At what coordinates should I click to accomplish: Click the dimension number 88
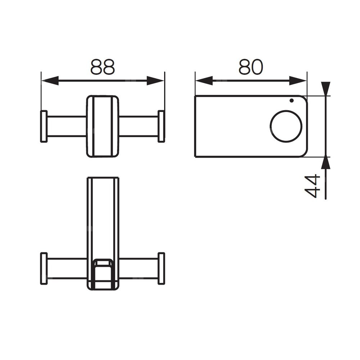(x=103, y=67)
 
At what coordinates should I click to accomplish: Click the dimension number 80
(x=251, y=67)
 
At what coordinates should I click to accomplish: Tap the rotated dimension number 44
(x=312, y=186)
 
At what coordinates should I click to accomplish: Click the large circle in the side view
(x=286, y=111)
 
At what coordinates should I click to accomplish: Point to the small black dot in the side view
(x=292, y=100)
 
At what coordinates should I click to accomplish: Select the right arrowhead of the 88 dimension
(x=156, y=81)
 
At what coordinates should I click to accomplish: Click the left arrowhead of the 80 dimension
(x=204, y=81)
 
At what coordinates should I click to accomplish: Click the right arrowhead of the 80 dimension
(x=298, y=81)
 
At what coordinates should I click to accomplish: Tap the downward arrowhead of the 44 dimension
(x=326, y=89)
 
